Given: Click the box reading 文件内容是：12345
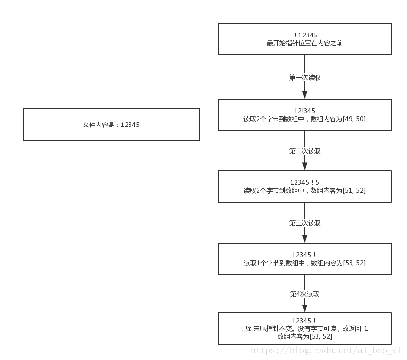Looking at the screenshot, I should [111, 125].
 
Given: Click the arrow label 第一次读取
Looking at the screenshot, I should [305, 77].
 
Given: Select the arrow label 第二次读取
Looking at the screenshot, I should [305, 151].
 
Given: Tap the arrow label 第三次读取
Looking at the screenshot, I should [305, 223].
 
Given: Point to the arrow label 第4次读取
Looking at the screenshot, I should [305, 294].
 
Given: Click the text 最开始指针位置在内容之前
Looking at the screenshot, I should [305, 43].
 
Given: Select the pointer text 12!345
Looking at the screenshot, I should [305, 111].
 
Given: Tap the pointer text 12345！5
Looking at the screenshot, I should [305, 182].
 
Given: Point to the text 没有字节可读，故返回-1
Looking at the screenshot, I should [335, 329].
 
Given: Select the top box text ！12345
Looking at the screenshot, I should [305, 35].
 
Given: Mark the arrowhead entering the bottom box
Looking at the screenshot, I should [305, 308].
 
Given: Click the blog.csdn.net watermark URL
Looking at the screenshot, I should [325, 350].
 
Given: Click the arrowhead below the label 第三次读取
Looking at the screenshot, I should [305, 238].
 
